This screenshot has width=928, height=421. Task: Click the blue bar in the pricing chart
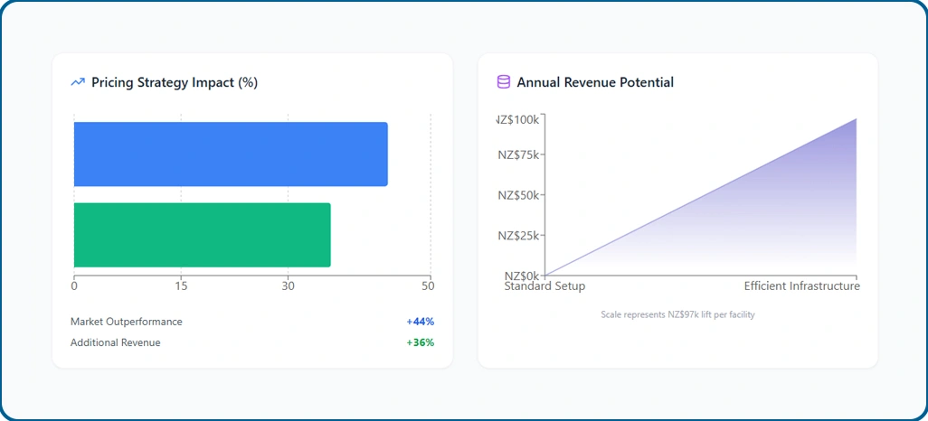(x=231, y=154)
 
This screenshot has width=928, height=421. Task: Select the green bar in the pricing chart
(x=202, y=235)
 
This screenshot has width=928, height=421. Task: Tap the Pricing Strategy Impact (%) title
(x=175, y=82)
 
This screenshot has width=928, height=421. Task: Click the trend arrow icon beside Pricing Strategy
(x=78, y=82)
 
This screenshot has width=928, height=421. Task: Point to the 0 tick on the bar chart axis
(x=74, y=286)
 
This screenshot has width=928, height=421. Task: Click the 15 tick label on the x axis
(x=181, y=286)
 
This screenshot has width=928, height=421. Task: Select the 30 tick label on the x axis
(x=288, y=286)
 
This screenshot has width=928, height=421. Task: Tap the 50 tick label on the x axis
(x=428, y=286)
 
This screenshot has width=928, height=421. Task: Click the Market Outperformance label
(x=127, y=322)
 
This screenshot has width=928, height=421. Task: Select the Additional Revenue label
(x=116, y=342)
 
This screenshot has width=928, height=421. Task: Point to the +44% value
(x=420, y=322)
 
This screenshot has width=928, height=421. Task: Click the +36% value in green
(x=420, y=342)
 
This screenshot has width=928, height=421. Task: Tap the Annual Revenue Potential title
(x=595, y=82)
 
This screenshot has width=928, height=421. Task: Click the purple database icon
(x=504, y=82)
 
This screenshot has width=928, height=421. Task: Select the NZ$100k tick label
(x=518, y=119)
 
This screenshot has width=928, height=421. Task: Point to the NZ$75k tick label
(x=518, y=154)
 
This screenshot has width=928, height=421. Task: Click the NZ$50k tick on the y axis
(x=518, y=195)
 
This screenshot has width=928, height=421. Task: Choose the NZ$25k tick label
(x=518, y=236)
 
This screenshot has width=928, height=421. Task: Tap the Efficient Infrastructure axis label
(x=801, y=286)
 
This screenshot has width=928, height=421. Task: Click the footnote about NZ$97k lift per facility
(x=677, y=314)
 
